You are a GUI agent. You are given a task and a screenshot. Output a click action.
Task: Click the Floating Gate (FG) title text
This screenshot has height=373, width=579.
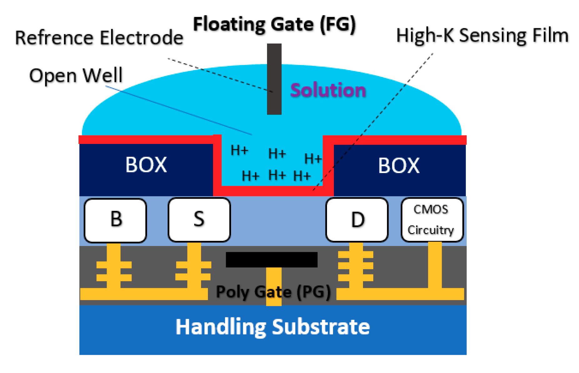274,24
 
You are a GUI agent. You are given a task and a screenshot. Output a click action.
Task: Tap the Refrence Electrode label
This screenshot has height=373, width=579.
99,38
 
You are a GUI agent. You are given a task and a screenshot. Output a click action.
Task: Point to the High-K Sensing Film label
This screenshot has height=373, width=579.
482,35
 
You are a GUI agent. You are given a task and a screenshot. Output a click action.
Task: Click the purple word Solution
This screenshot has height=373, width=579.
328,90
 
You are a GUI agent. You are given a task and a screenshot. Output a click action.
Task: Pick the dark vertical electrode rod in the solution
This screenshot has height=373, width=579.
274,79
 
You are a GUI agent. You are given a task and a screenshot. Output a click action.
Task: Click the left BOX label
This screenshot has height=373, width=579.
146,165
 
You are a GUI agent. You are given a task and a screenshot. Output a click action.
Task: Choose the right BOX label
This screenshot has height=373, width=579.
399,165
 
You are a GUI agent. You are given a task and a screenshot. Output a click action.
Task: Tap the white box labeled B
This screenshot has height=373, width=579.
116,220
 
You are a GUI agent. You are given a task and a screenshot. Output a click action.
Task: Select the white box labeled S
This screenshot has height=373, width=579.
199,219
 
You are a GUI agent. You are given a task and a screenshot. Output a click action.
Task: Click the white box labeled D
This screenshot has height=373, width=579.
357,220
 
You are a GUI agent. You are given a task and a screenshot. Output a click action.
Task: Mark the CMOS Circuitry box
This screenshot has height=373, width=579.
432,220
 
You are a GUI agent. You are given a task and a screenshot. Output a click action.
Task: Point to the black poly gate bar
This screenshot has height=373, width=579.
272,259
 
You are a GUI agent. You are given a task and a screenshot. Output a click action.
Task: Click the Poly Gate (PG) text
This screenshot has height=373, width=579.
273,292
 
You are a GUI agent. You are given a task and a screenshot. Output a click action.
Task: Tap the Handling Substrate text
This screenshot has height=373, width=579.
273,327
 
